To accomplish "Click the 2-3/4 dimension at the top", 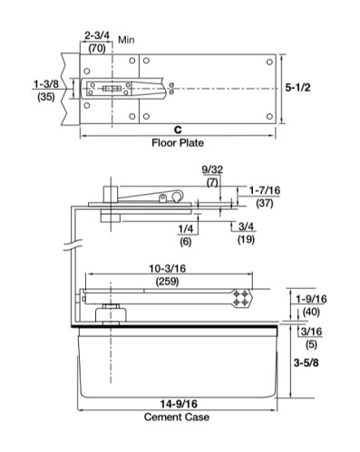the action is (97, 35).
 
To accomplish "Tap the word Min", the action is (126, 40).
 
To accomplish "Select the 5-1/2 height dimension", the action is (297, 88).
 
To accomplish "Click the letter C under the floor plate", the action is (178, 130).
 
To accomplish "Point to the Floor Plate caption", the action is (178, 142).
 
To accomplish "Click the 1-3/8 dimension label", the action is (46, 84).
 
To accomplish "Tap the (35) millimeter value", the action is (46, 97).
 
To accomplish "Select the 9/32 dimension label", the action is (212, 169).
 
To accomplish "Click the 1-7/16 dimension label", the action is (265, 190).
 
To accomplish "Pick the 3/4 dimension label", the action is (246, 226).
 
